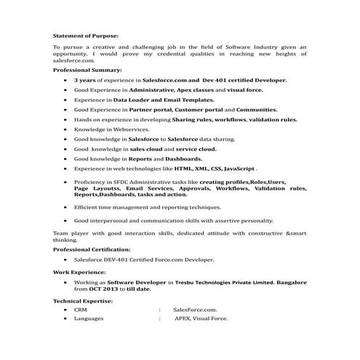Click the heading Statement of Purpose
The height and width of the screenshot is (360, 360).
85,34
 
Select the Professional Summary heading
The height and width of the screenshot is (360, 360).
87,70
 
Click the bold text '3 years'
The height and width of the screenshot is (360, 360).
85,80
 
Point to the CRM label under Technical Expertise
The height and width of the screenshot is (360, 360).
80,309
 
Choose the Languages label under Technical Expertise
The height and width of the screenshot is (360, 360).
88,319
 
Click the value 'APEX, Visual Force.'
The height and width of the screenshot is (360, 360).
201,319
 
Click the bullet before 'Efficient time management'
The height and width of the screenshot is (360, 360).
67,207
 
